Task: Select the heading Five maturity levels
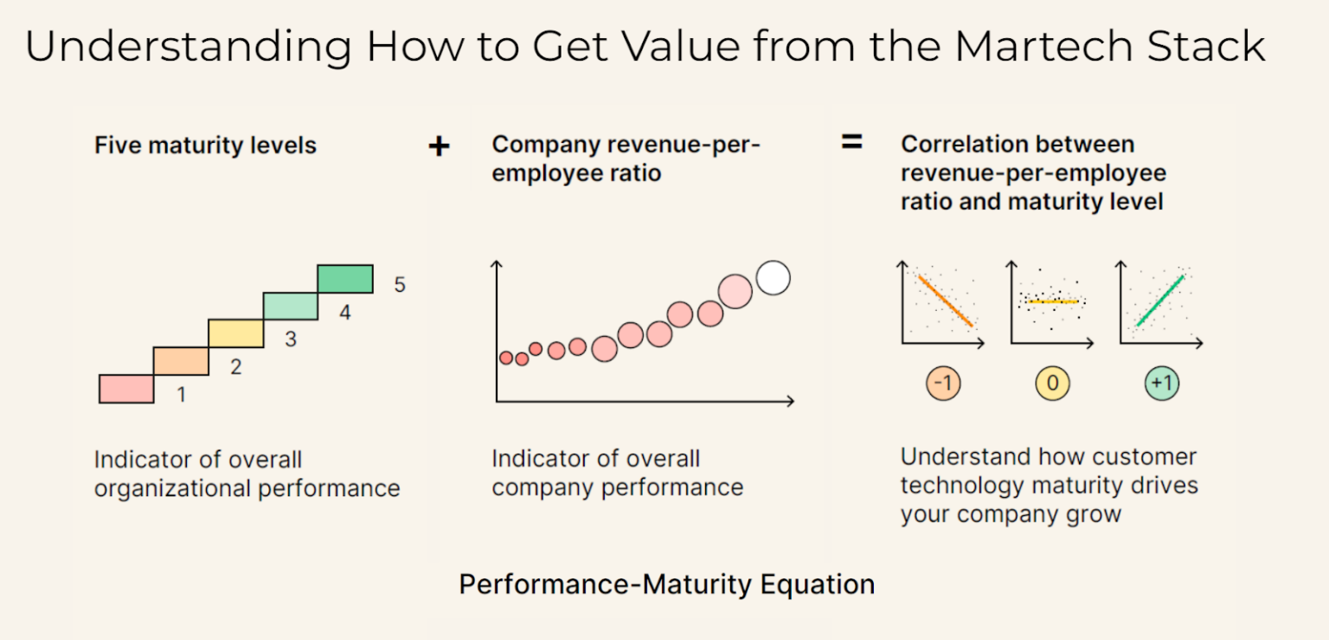[205, 145]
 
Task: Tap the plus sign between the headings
[439, 146]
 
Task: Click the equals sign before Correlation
[851, 143]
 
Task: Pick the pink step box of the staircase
[126, 389]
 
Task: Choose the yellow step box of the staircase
[235, 333]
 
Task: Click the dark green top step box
[345, 279]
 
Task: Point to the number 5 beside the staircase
[400, 285]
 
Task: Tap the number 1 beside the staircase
[181, 395]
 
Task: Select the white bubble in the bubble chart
[773, 278]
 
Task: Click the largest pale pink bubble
[735, 292]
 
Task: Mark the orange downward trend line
[945, 301]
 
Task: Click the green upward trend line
[1159, 301]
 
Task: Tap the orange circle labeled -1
[943, 384]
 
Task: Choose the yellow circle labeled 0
[1052, 384]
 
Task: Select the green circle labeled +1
[1161, 384]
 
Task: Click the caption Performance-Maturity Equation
[666, 585]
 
